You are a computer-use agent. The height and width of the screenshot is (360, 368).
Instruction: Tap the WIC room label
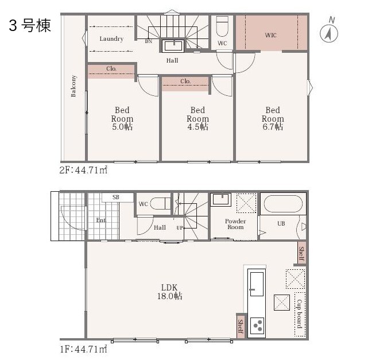coord(271,35)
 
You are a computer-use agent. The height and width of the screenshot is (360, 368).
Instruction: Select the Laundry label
coord(111,38)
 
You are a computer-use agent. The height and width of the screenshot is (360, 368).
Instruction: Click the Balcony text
coord(73,86)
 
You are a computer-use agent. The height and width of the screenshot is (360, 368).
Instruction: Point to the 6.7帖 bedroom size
coord(273,127)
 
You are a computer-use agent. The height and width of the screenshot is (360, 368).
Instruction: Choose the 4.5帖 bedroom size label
coord(197,127)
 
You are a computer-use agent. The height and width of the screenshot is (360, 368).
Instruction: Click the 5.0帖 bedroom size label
coord(122,127)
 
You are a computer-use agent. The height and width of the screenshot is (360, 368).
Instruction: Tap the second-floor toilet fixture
coord(222,26)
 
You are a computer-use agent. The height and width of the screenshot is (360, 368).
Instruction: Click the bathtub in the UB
coord(283,204)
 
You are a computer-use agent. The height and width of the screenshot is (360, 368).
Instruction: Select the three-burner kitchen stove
coord(257,326)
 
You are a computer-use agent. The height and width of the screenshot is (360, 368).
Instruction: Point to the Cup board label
coord(300,313)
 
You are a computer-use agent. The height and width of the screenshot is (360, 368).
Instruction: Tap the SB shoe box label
coord(116,197)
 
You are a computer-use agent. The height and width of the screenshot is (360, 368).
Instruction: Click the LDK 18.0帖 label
coord(169,292)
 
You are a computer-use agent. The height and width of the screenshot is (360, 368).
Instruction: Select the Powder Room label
coord(235,224)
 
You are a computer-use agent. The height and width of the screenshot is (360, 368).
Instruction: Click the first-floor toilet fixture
coord(160,203)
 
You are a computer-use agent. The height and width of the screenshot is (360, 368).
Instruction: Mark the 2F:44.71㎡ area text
coord(83,170)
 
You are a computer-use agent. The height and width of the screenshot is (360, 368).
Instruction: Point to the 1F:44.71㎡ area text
coord(83,349)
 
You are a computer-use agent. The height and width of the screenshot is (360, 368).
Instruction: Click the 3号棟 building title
coord(30,25)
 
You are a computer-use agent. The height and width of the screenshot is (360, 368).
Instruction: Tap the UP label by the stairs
coord(180,227)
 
